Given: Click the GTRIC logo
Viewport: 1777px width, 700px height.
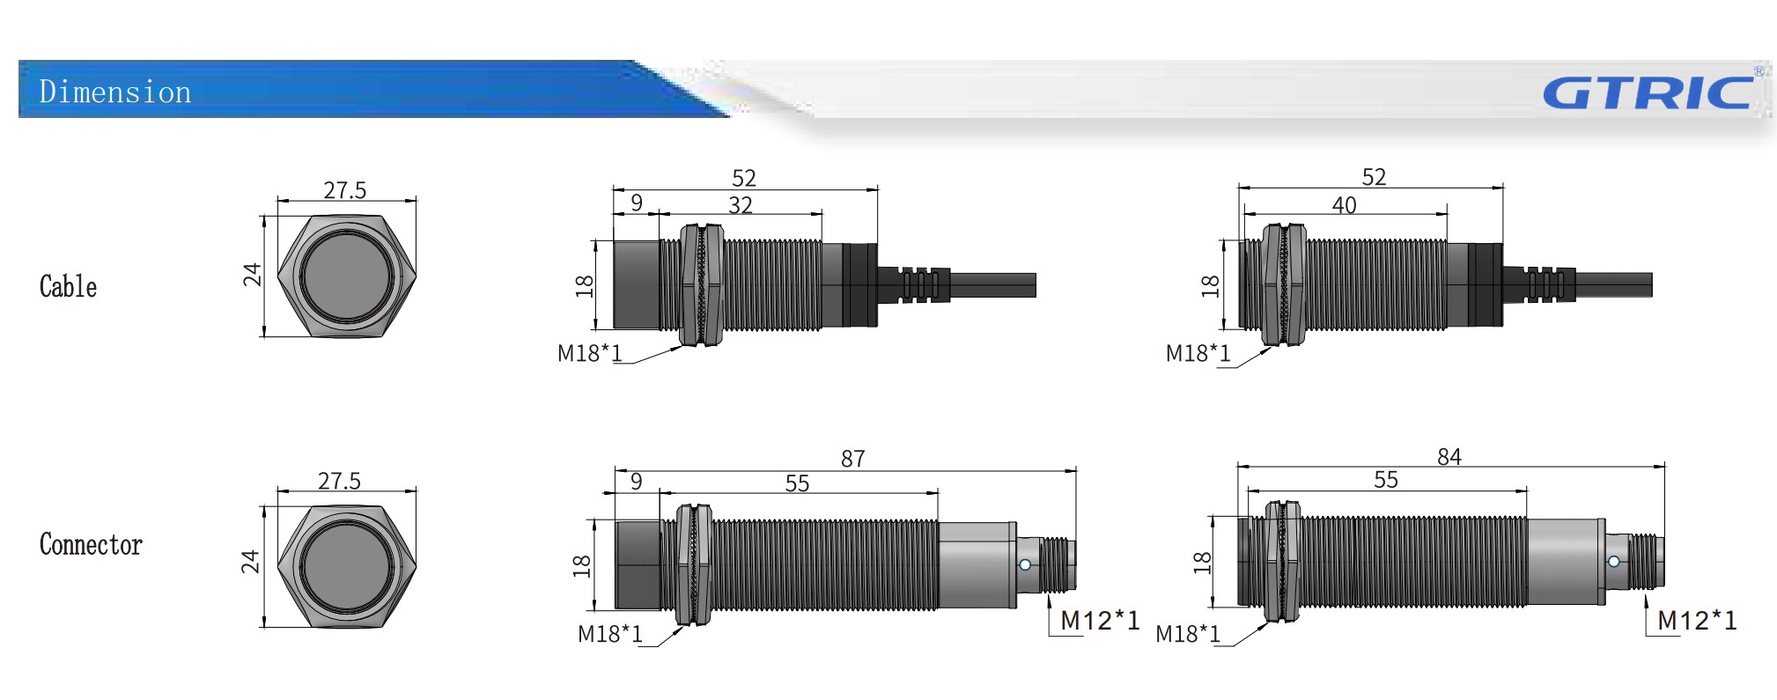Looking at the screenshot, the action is coord(1648,92).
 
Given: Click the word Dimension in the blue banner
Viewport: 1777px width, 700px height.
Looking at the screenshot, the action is coord(115,92).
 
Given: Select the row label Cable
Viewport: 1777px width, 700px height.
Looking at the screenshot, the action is coord(68,286).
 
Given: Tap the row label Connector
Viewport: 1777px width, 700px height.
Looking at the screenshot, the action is coord(91,544).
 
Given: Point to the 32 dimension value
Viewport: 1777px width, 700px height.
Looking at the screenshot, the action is coord(740,205).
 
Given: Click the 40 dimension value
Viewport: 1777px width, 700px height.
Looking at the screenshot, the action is coord(1344,205).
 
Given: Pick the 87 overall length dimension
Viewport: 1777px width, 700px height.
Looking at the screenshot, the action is coord(852,459).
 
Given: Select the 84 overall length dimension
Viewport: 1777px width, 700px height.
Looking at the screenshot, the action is coord(1449,457).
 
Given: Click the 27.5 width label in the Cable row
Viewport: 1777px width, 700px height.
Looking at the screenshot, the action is coord(344,190).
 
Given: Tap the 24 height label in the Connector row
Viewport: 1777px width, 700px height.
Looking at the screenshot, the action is coord(251,561).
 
